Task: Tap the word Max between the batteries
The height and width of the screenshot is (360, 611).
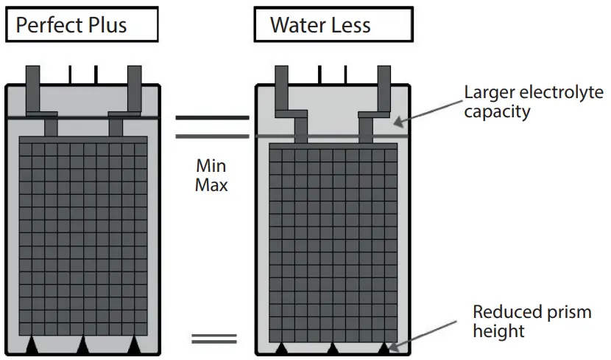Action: (211, 184)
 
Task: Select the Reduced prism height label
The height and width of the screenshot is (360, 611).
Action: (531, 321)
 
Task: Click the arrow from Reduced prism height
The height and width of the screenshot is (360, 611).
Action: (428, 333)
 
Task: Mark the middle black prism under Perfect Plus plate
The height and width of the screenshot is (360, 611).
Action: (83, 345)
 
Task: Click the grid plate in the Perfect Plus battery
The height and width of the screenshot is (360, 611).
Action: (83, 236)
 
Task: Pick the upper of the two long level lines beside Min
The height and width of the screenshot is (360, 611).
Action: (211, 117)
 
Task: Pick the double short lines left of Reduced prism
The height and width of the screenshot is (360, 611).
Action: (214, 339)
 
